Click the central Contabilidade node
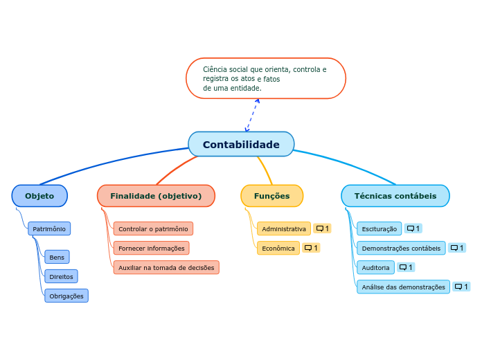point(241,145)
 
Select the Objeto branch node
point(39,196)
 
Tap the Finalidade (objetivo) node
point(156,196)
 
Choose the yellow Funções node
point(271,196)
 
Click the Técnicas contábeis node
point(395,196)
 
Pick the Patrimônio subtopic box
point(49,228)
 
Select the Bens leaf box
point(57,258)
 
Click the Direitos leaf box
point(61,277)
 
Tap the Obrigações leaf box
point(66,296)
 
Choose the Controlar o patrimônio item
point(153,229)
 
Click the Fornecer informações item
point(151,249)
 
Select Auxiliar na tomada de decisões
point(166,268)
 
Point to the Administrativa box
point(284,229)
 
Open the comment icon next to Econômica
point(311,248)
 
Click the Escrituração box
point(380,228)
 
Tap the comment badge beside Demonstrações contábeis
point(456,248)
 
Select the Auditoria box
point(376,267)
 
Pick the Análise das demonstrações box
point(403,287)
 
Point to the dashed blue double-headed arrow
point(251,115)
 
